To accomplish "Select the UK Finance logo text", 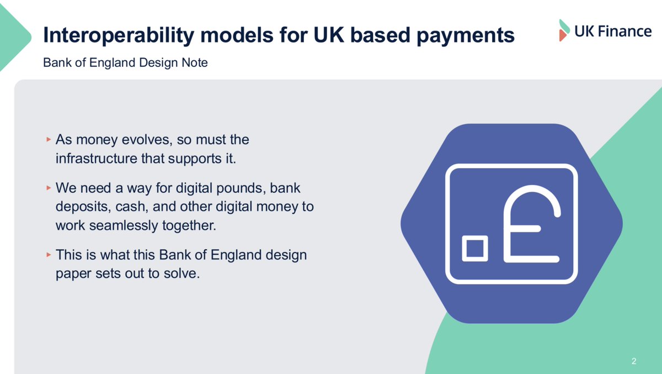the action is point(613,31).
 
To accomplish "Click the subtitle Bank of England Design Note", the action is point(125,63).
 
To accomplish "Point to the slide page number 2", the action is point(634,361).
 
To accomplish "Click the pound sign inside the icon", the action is point(531,224).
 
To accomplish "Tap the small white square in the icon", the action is point(475,249).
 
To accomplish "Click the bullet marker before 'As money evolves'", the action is point(49,139).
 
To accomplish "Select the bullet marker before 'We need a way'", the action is point(49,188).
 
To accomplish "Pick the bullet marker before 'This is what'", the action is point(49,255).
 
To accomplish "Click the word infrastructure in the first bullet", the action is point(97,159).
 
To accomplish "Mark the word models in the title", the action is point(237,35).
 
